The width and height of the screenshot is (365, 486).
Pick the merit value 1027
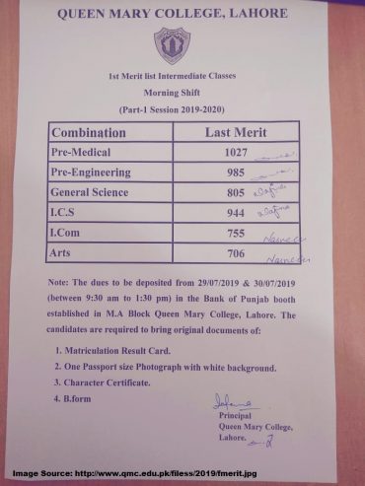229,154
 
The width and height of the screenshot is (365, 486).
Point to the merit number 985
229,174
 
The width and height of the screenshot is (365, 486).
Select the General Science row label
98,193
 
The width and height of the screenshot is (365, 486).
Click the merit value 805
229,194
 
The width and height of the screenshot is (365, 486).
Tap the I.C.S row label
65,214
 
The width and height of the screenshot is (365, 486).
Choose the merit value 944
229,215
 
